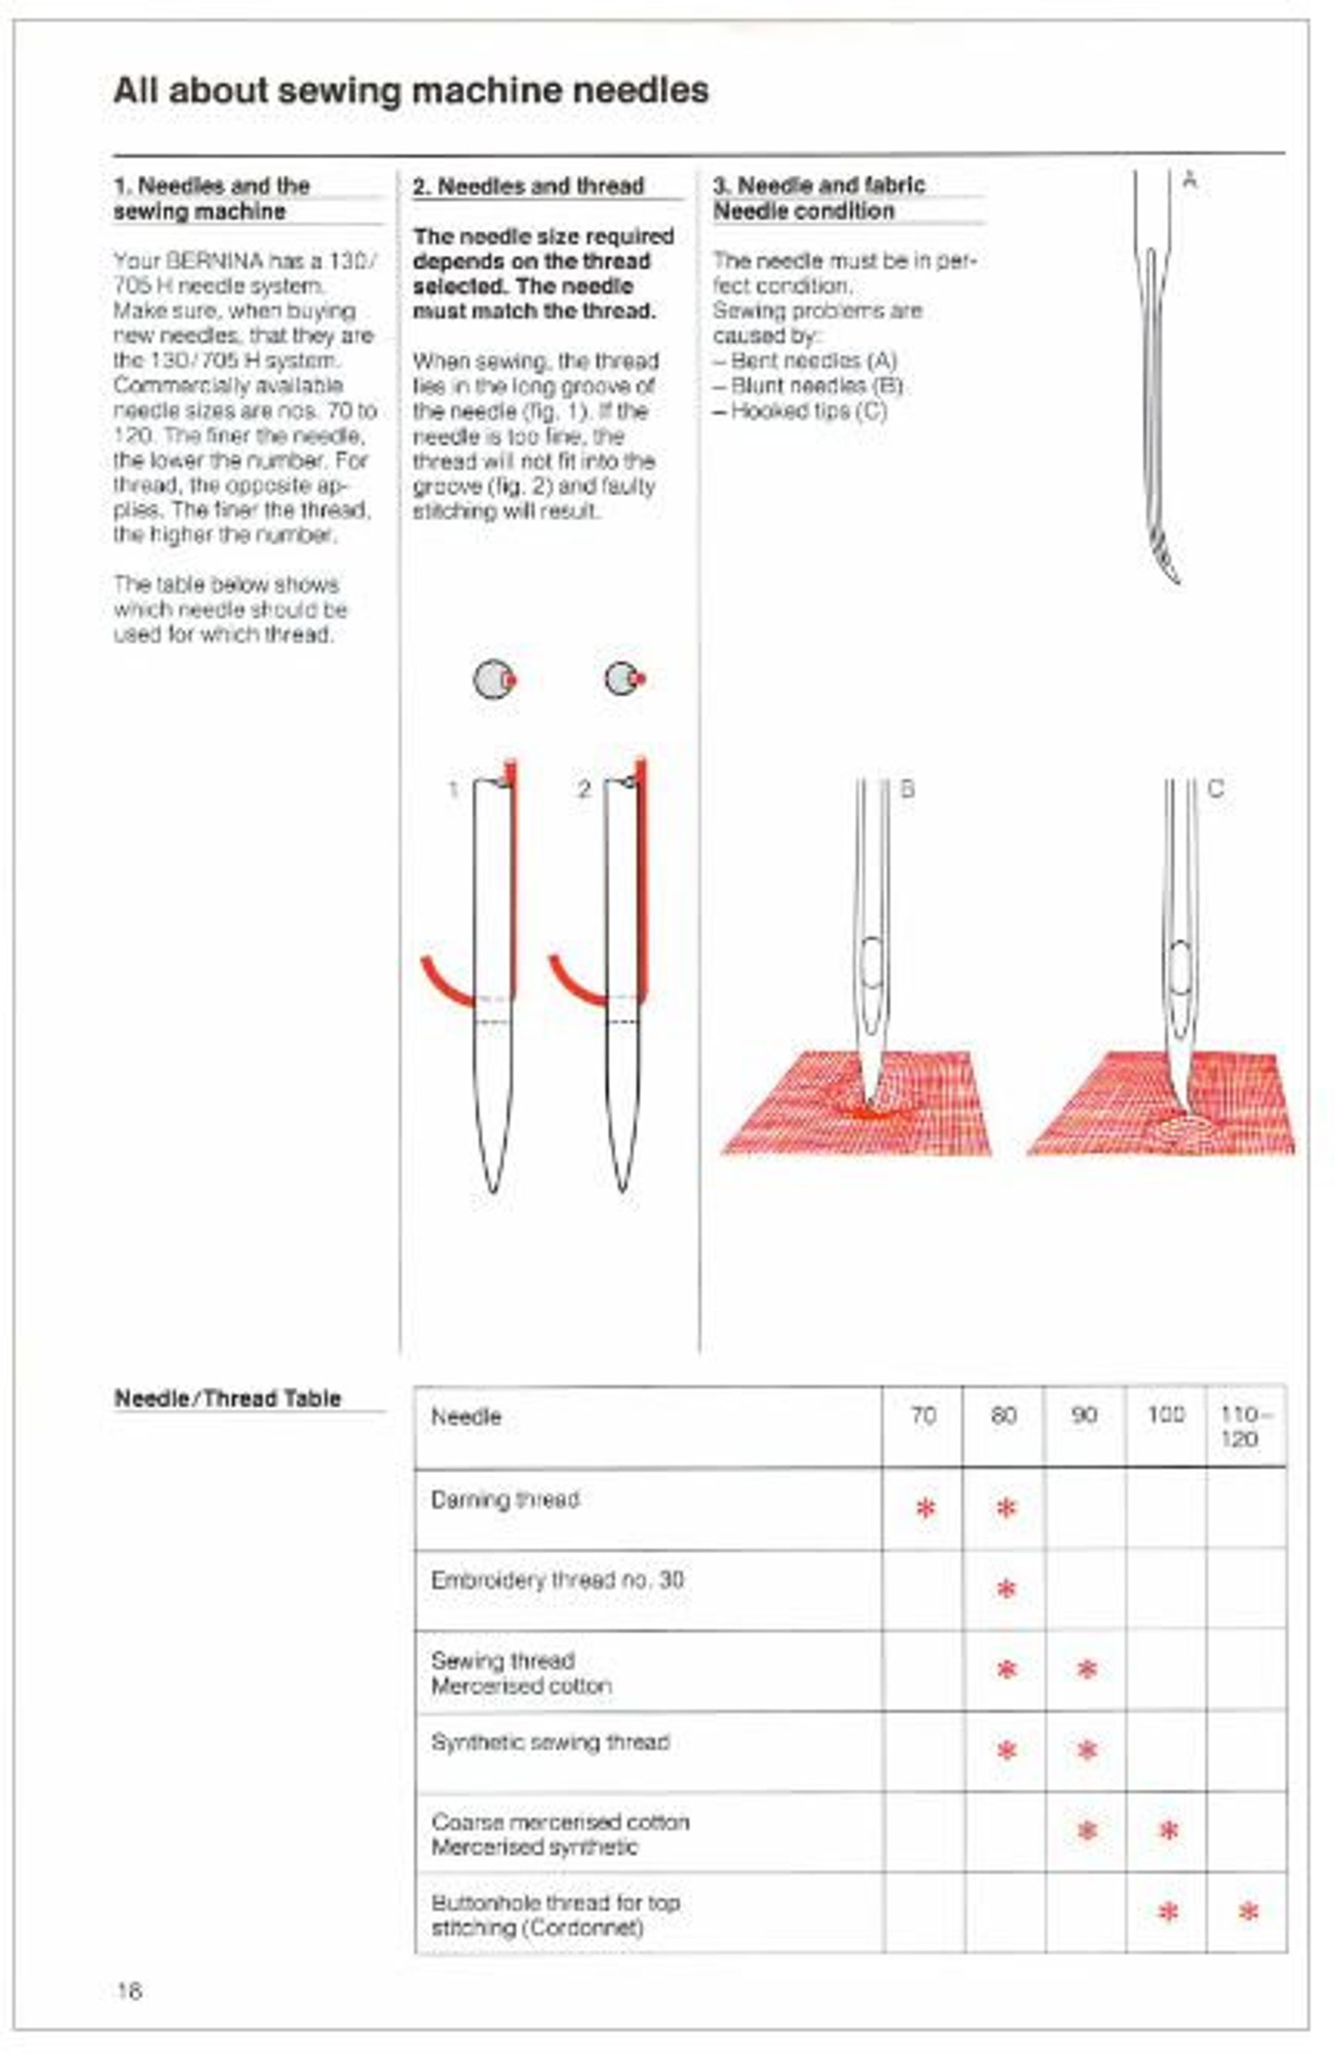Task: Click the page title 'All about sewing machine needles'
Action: [410, 91]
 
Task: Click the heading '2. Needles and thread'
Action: [528, 187]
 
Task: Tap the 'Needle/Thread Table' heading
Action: [228, 1399]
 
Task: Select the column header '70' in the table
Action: [923, 1415]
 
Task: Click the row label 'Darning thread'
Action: [504, 1500]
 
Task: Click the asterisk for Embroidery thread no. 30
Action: [1005, 1589]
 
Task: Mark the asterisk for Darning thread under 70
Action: [926, 1509]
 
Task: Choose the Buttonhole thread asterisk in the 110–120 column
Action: [1247, 1913]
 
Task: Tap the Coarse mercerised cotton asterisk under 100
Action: [1168, 1829]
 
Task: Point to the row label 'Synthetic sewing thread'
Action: [550, 1742]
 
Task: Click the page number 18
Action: [129, 1990]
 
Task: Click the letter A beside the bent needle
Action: [1190, 180]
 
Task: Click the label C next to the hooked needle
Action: [1215, 788]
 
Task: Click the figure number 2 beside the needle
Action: [583, 789]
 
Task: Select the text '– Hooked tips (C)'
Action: [799, 410]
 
